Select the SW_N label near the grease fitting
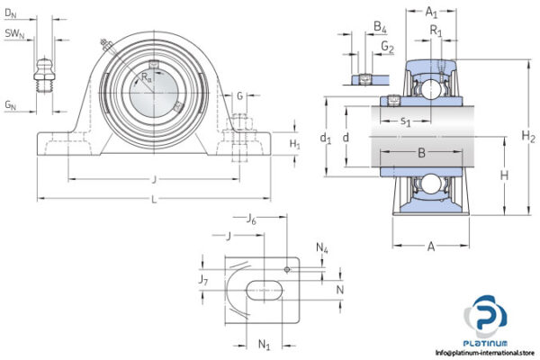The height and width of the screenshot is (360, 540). pos(14,34)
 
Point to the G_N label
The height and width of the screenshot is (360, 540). pos(11,106)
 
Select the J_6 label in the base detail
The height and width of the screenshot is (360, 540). pos(252,218)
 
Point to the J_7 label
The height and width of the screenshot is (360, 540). pos(204,282)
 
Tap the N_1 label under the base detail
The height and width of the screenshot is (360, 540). pos(265,344)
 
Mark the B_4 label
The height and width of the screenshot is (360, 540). pos(381,29)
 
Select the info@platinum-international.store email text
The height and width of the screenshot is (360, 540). pos(486,353)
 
